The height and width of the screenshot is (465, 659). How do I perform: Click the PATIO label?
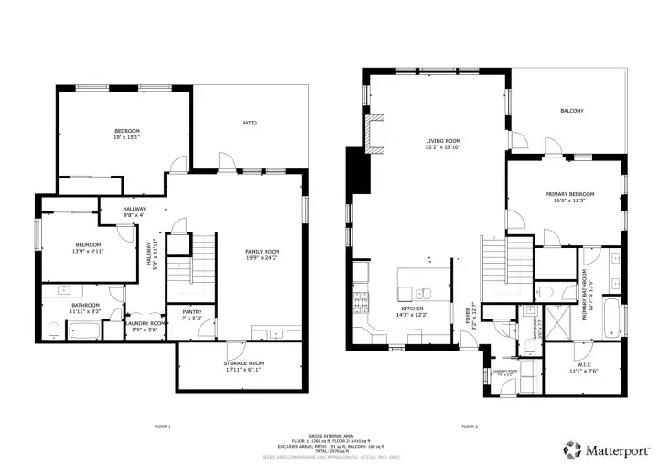(x=249, y=123)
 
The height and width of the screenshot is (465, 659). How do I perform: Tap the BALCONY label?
(x=571, y=111)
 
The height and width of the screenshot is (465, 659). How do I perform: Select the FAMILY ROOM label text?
(x=262, y=251)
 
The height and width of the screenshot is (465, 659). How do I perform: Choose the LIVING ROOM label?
(x=442, y=141)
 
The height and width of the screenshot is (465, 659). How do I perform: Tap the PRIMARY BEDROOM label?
(x=569, y=194)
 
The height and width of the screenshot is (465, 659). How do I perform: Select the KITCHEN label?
(x=412, y=309)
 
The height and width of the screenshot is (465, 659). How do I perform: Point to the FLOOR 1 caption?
(x=162, y=426)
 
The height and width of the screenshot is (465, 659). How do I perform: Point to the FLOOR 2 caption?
(x=470, y=426)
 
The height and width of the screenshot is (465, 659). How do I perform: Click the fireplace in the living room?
(x=374, y=132)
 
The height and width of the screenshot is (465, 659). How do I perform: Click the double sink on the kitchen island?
(x=424, y=294)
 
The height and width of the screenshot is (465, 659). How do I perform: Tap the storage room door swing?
(x=232, y=348)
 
